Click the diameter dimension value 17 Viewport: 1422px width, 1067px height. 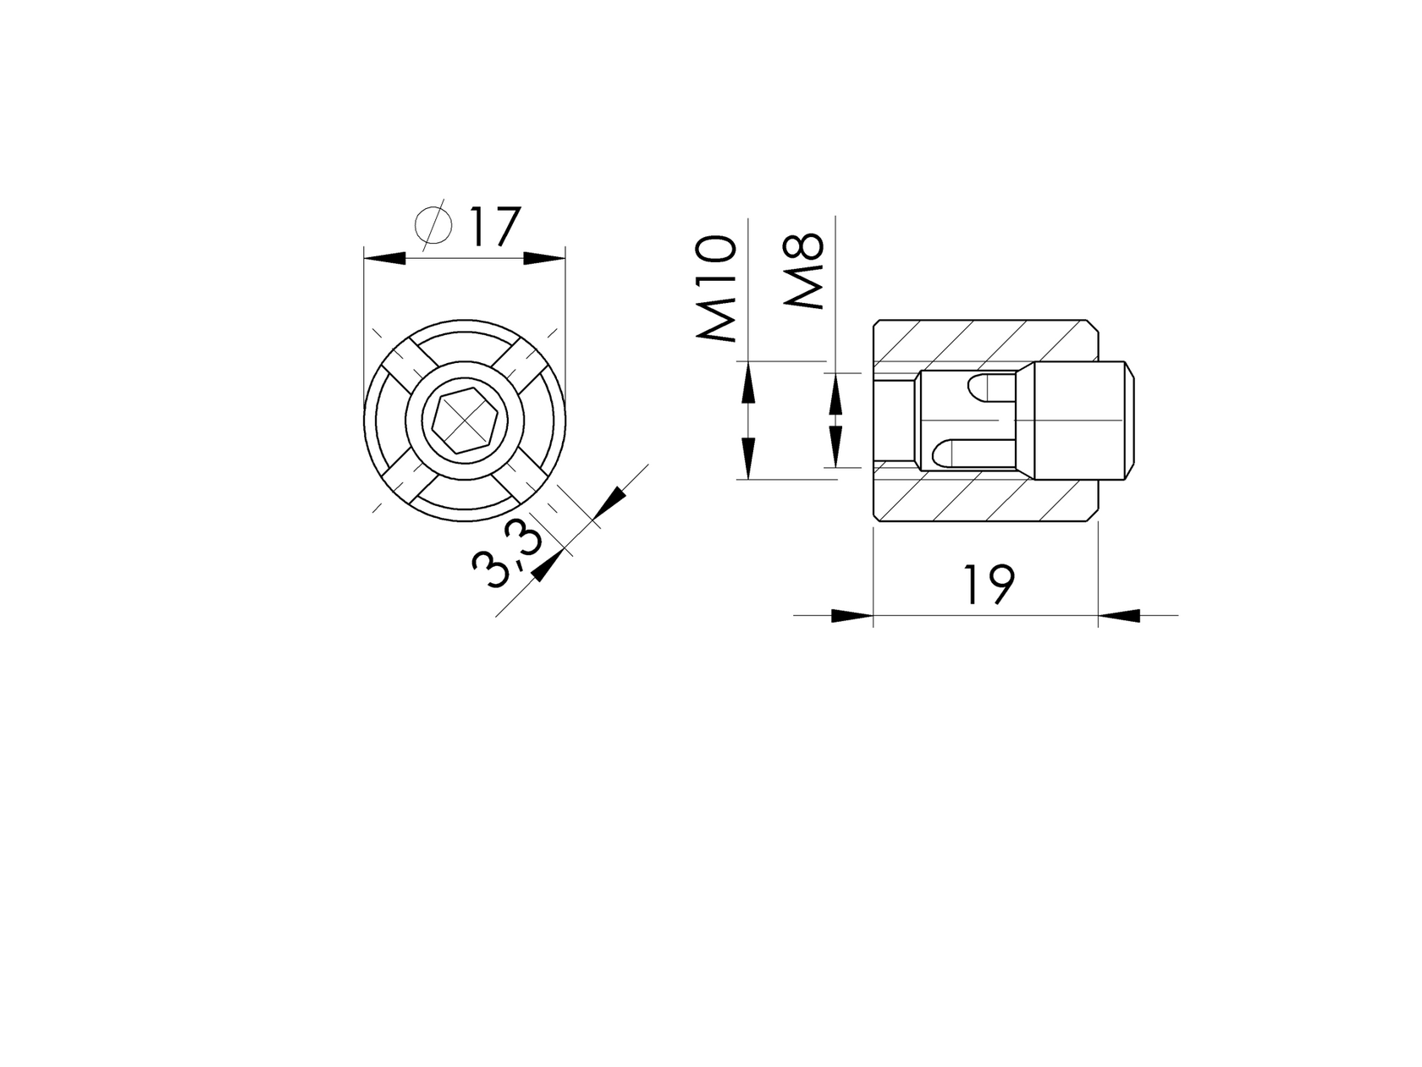coord(492,226)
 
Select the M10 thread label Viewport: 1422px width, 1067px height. coord(716,289)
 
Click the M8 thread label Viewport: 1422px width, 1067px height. coord(803,271)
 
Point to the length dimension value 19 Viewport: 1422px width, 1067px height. coord(988,585)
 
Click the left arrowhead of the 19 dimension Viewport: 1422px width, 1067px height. coord(852,616)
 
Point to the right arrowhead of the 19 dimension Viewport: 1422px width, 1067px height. coord(1119,616)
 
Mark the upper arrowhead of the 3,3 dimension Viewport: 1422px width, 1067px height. coord(609,503)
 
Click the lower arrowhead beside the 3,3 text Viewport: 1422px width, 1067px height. coord(548,566)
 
